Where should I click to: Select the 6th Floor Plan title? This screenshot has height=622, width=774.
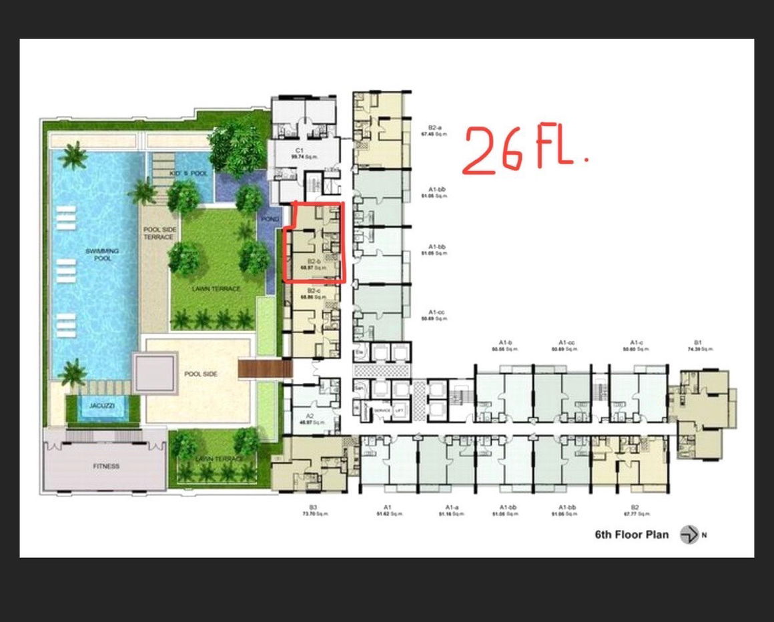coord(631,535)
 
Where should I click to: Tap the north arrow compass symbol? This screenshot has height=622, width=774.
coord(689,535)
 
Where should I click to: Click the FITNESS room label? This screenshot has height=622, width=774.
coord(106,467)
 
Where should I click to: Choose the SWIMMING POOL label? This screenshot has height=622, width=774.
coord(102,254)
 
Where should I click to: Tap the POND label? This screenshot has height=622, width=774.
coord(270,219)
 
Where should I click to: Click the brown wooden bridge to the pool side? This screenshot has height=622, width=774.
coord(265,369)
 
